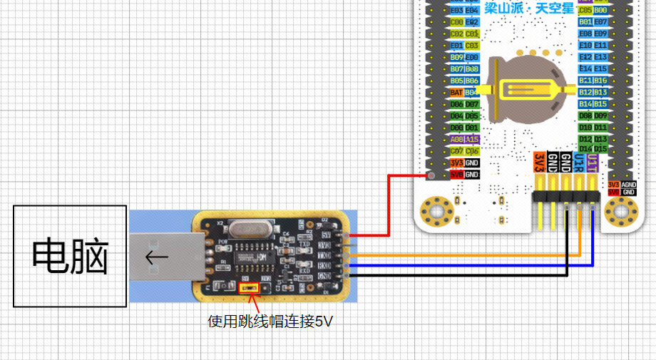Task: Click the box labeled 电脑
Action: [x=70, y=257]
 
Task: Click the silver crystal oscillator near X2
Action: [x=246, y=230]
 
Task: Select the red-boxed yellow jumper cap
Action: [x=249, y=288]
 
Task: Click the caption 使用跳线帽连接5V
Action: [x=270, y=322]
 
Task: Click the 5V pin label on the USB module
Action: [x=327, y=234]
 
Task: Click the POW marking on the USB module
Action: [x=222, y=242]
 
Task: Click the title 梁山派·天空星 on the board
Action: [x=528, y=9]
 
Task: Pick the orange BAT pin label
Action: [x=457, y=92]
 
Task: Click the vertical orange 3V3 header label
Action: [x=540, y=163]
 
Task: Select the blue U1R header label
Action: [x=579, y=163]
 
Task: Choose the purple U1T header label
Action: [x=592, y=163]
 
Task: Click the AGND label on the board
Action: [x=628, y=183]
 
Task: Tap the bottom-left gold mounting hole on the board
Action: [x=434, y=210]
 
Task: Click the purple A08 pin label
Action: [x=457, y=139]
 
